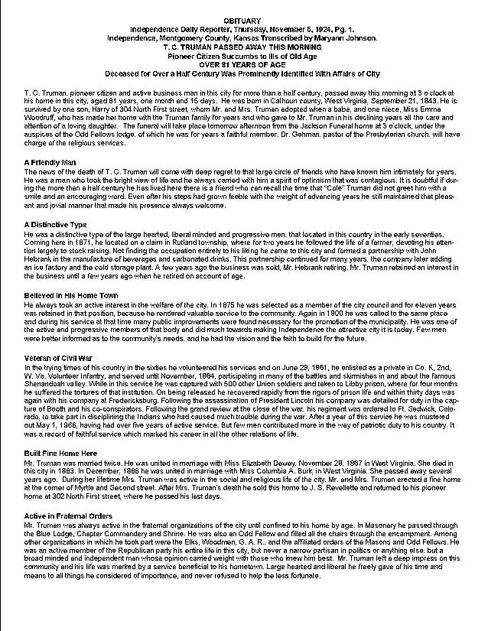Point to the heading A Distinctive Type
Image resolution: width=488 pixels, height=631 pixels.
click(x=55, y=223)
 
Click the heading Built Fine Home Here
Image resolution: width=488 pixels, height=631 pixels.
click(x=59, y=453)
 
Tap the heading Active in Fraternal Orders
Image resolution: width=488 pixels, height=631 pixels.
click(x=68, y=516)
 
